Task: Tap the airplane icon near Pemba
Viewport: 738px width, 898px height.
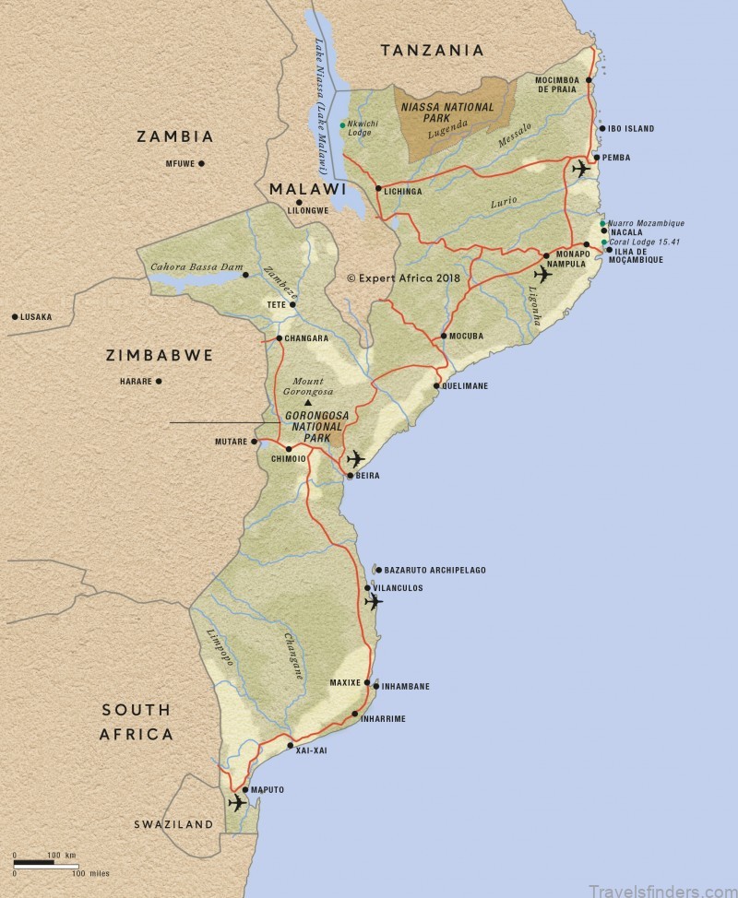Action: (580, 169)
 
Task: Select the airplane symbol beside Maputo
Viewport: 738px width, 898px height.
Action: (237, 803)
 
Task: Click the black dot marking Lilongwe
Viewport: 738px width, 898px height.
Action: (299, 201)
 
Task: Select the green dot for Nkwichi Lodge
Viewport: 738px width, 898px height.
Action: (342, 124)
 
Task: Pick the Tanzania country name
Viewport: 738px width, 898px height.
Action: (433, 50)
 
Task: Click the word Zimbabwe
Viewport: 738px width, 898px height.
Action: (160, 355)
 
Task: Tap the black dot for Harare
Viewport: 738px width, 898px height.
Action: (159, 381)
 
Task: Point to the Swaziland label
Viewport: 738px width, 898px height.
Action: (173, 824)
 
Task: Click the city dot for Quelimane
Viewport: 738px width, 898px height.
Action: (436, 385)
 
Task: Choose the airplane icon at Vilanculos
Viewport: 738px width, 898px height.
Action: (373, 602)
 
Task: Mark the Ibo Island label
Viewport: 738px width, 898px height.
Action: (630, 128)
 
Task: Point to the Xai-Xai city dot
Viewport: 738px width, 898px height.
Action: (291, 745)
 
